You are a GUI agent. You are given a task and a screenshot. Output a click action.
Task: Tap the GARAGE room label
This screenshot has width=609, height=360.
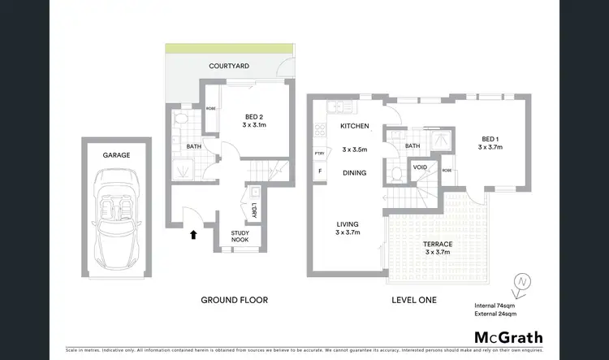116,154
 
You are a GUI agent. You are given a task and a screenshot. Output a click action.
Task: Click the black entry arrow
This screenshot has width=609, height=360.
192,235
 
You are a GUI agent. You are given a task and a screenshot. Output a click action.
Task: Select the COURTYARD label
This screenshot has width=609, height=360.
227,66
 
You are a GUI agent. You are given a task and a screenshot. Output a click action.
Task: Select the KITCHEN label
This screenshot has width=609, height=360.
355,126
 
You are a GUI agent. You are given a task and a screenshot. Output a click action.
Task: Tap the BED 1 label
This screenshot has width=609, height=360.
490,138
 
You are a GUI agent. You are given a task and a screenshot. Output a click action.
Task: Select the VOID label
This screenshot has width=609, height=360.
420,167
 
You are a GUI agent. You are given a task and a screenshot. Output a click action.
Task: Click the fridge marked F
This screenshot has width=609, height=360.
320,171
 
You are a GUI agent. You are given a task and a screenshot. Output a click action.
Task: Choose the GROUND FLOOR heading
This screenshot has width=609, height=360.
234,300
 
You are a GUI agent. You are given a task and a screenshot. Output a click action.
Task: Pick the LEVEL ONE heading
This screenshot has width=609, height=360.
413,300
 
